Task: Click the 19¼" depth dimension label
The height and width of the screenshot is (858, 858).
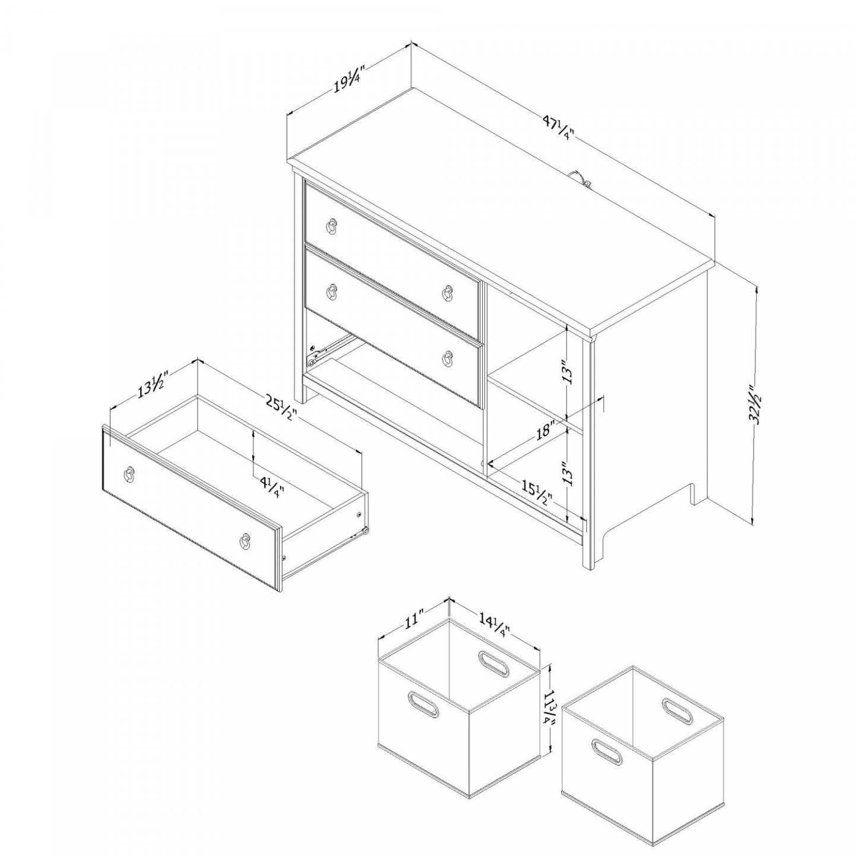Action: tap(347, 79)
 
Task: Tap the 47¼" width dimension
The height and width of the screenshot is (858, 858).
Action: tap(558, 128)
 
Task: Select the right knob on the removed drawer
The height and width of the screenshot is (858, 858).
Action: tap(245, 539)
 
